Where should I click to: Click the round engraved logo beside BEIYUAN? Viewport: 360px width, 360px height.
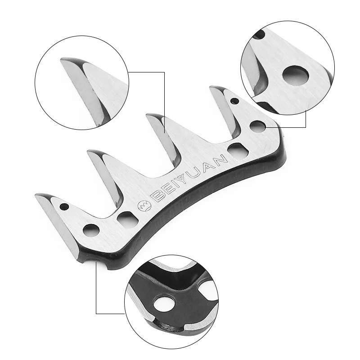144,206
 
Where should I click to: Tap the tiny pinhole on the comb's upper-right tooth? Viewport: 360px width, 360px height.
234,101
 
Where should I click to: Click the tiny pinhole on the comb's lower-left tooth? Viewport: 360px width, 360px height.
64,207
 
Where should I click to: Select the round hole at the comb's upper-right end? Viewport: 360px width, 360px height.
257,127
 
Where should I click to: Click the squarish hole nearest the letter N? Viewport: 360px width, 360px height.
238,150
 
